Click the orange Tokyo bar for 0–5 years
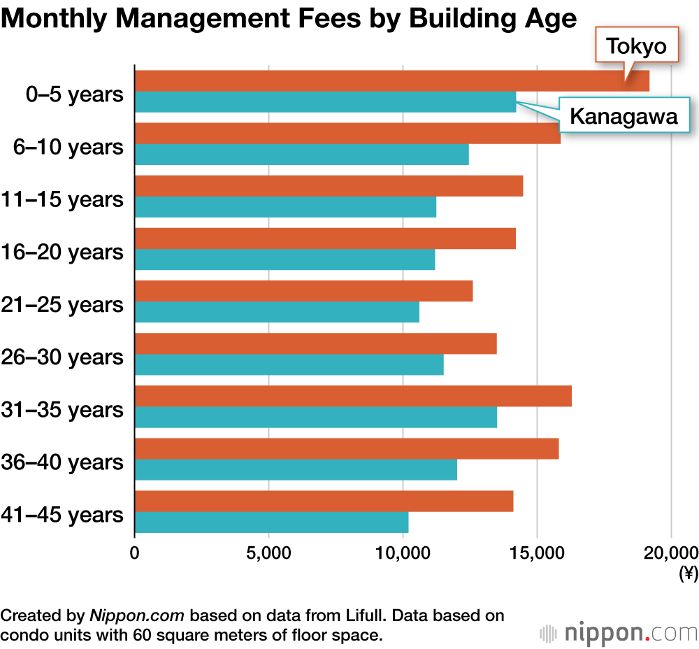tap(391, 81)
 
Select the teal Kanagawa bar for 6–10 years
tap(301, 155)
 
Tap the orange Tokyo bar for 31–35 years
tap(353, 396)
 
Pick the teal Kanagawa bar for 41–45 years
tap(271, 522)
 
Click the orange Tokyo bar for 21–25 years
tap(303, 291)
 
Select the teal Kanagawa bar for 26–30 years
tap(289, 364)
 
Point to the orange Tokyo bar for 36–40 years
tap(346, 448)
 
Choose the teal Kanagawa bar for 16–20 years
tap(284, 259)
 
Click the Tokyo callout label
tap(636, 46)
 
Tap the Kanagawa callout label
tap(624, 116)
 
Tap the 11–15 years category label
tap(62, 200)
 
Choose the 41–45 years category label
tap(62, 515)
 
